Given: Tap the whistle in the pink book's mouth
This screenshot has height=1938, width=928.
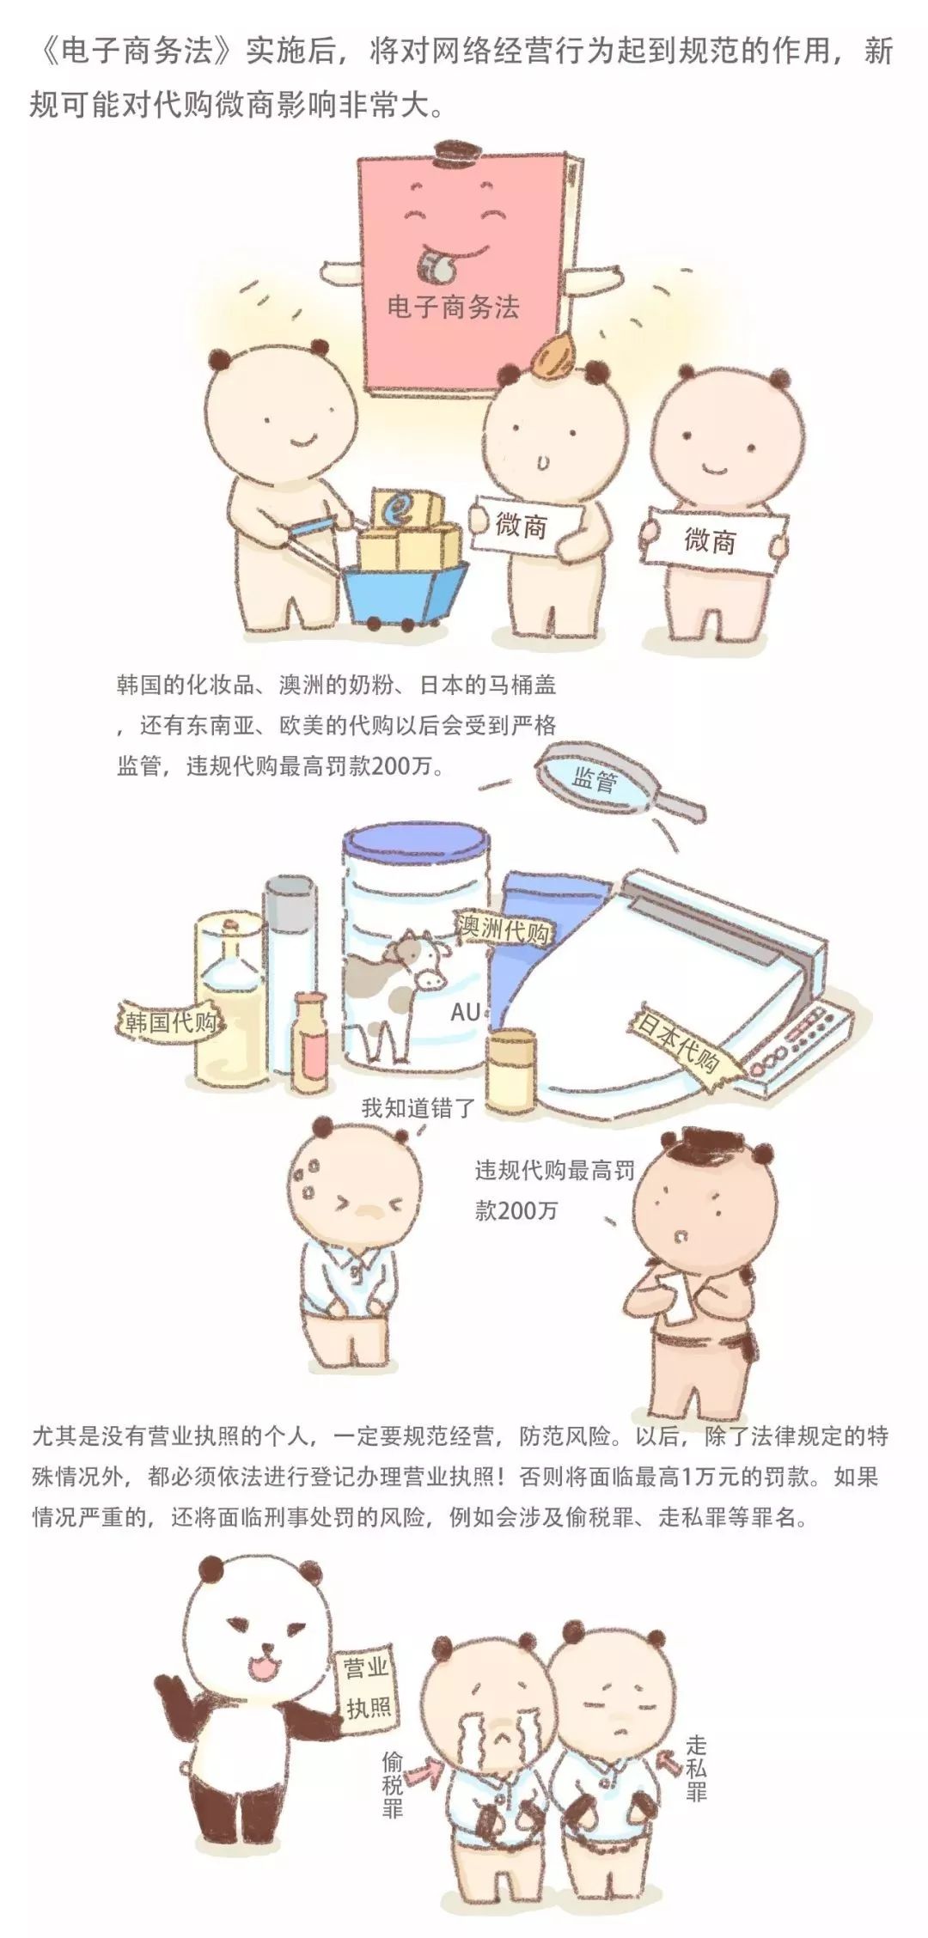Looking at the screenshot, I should click(437, 264).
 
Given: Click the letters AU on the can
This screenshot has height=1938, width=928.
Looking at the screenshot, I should click(466, 1013).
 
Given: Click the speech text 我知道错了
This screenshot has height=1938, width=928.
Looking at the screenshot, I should click(418, 1107).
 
